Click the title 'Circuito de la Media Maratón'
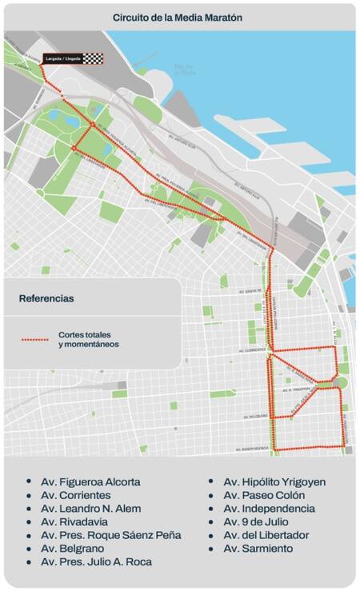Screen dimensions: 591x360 pyautogui.click(x=177, y=17)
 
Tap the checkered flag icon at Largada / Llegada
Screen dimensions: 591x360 pyautogui.click(x=94, y=58)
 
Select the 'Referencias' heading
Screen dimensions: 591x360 pyautogui.click(x=46, y=298)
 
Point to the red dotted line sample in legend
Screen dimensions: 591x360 pyautogui.click(x=34, y=339)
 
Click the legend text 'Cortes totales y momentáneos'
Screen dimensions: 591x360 pyautogui.click(x=88, y=339)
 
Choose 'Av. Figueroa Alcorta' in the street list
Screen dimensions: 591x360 pyautogui.click(x=90, y=482)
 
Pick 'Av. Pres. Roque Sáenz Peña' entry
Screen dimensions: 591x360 pyautogui.click(x=110, y=535)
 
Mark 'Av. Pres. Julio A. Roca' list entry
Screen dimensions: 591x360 pyautogui.click(x=97, y=561)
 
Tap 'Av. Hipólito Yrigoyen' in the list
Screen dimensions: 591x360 pyautogui.click(x=274, y=482)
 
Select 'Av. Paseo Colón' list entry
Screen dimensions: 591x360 pyautogui.click(x=262, y=495)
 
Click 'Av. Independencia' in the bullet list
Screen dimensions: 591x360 pyautogui.click(x=268, y=509)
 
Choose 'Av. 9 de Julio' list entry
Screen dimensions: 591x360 pyautogui.click(x=256, y=521)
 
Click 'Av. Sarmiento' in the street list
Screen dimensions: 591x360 pyautogui.click(x=258, y=549)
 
